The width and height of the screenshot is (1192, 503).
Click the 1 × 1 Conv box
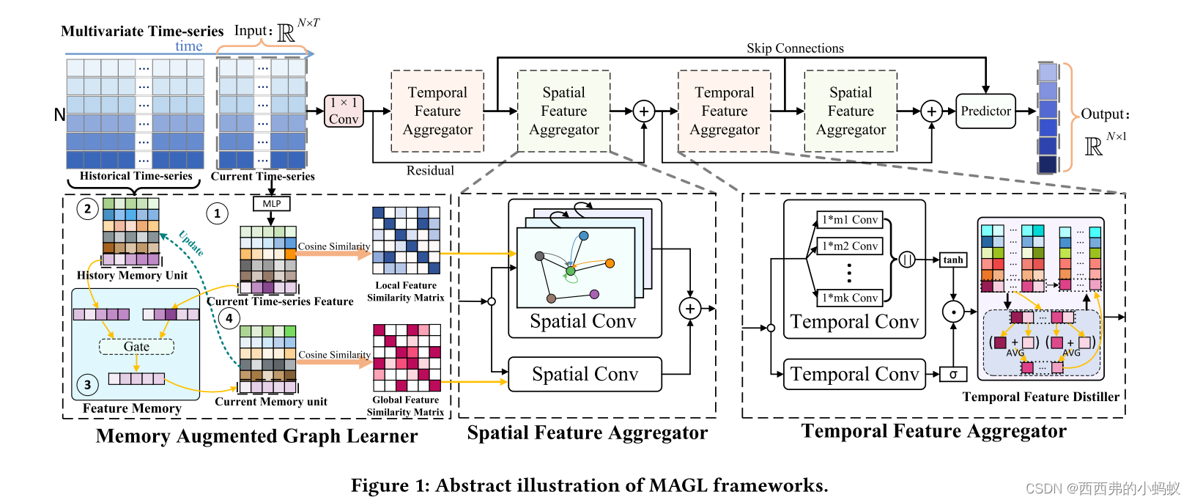coord(344,111)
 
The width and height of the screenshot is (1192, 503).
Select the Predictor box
coord(985,111)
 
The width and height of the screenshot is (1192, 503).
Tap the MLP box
coord(271,204)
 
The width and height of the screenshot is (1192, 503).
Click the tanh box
coord(953,260)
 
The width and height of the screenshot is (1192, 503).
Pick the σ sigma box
coord(953,374)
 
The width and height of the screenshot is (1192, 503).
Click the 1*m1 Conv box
coord(850,219)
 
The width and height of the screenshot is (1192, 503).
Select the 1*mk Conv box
coord(850,298)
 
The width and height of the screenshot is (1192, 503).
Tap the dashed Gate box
coord(136,347)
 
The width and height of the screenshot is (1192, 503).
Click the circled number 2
coord(88,209)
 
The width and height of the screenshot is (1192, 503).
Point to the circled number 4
coord(229,318)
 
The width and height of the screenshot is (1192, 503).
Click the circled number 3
coord(88,385)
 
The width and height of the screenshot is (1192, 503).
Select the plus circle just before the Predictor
coord(931,111)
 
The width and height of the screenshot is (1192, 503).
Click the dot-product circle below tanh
coord(953,312)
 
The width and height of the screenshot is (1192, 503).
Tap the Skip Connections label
coord(795,48)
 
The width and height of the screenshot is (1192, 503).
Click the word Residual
coord(430,171)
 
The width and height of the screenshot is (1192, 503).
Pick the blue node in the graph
coord(584,236)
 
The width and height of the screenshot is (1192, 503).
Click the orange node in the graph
coord(610,263)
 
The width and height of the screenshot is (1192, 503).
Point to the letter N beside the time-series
coord(59,115)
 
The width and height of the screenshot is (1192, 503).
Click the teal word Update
coord(191,243)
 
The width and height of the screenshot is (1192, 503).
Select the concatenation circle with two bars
coord(907,260)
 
